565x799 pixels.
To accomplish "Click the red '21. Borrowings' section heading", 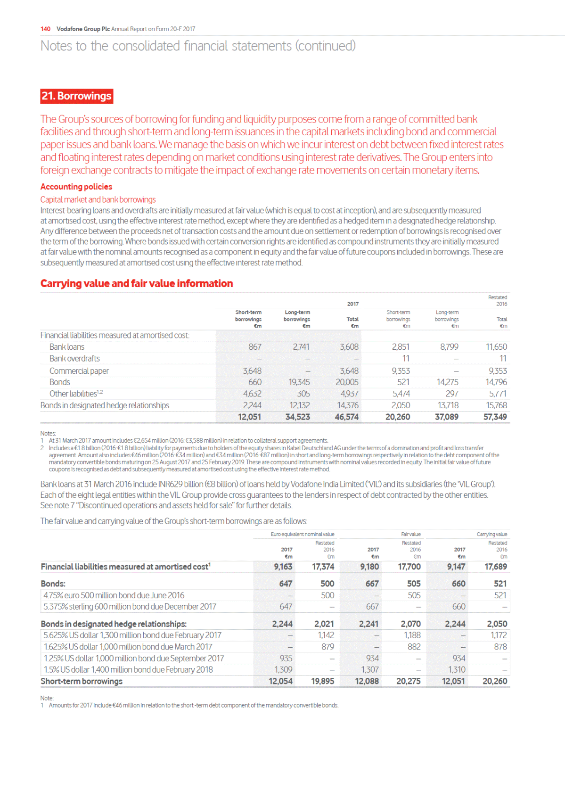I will (77, 96).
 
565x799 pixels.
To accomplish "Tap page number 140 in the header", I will (46, 29).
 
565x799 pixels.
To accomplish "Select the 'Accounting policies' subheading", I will (76, 187).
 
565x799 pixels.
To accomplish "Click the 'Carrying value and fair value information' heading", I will (137, 284).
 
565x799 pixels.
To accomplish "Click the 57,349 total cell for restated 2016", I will (495, 417).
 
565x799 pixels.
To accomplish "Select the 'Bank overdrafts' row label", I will (74, 359).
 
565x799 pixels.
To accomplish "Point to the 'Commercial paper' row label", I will (79, 371).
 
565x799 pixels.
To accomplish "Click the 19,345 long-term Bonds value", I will (299, 382).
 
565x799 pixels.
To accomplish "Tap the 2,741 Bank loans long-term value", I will (301, 347).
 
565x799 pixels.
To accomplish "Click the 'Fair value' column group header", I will (411, 535).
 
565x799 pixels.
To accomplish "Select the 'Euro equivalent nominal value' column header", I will (303, 535).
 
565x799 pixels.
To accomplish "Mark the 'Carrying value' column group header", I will (492, 535).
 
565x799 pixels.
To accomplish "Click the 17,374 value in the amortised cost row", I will (323, 567).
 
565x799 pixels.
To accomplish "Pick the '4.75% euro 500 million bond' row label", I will (114, 596).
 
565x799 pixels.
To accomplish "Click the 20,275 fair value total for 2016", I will (408, 682).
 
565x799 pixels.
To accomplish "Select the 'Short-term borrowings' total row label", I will (82, 682).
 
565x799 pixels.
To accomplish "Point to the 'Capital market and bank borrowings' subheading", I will (98, 200).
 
